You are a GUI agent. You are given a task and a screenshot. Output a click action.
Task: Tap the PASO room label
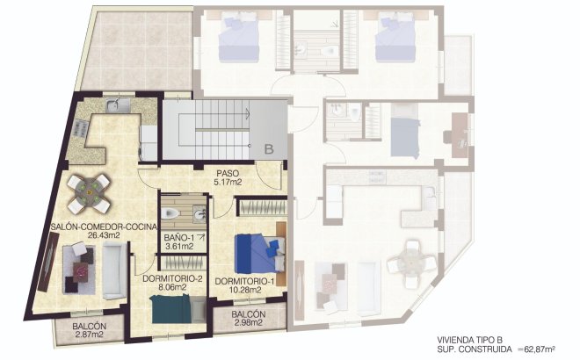228,173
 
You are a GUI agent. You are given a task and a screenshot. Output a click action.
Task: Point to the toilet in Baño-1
174,213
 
